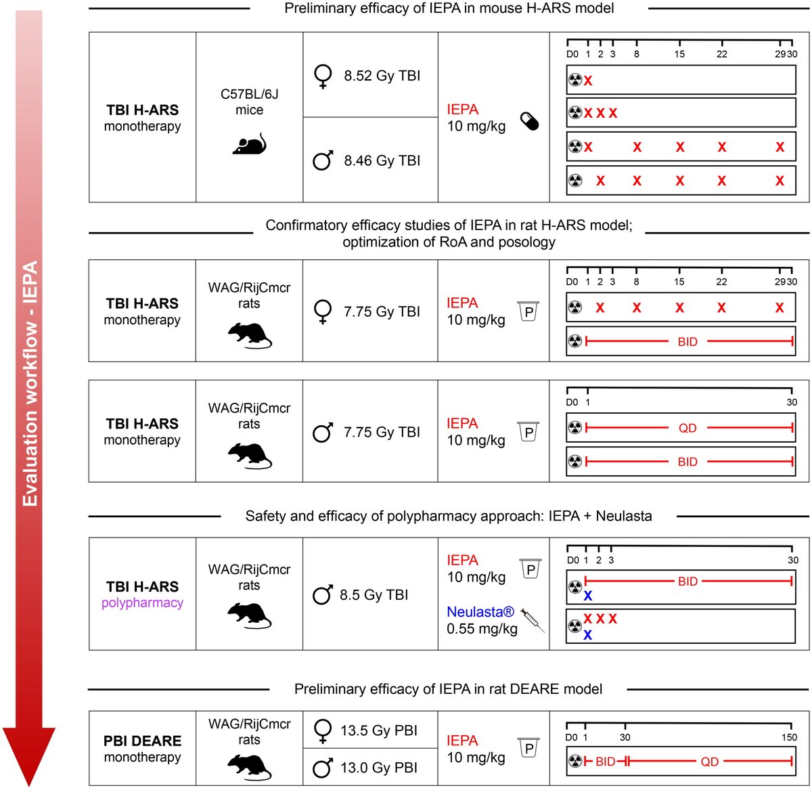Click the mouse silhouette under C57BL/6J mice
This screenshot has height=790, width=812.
pos(249,144)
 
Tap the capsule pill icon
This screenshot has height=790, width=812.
pos(529,121)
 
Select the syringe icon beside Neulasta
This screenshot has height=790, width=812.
pos(533,619)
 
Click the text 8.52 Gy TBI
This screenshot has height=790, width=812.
pos(382,76)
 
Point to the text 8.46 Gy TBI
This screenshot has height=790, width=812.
pos(382,160)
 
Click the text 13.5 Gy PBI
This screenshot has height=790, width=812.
pos(378,730)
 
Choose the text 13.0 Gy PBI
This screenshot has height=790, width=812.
pos(378,768)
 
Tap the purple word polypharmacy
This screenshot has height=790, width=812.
pos(142,602)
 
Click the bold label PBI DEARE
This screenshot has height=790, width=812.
pos(142,741)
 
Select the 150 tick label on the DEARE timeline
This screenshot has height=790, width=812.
pos(789,737)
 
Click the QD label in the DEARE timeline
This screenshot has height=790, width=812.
pos(709,762)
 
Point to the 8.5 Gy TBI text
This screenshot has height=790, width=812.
pos(374,595)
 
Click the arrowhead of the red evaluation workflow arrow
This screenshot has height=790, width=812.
pos(29,755)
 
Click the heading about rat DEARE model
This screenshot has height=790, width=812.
pos(448,689)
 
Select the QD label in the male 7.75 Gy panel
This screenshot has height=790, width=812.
pos(687,428)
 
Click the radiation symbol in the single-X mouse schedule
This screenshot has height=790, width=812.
pos(575,80)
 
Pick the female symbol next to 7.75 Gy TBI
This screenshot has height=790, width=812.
pos(323,312)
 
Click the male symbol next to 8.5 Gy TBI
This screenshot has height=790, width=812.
pos(323,595)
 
